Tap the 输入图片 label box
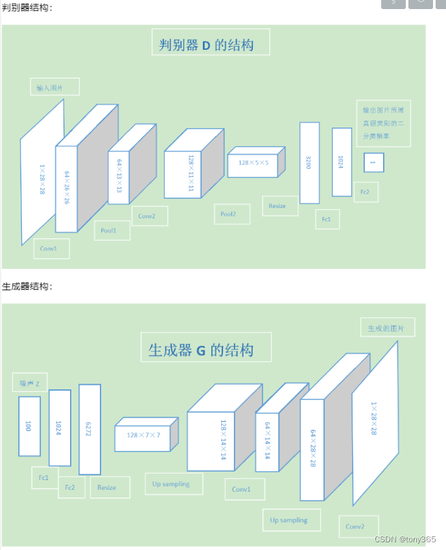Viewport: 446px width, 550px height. [x=55, y=87]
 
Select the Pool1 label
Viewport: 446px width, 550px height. [x=112, y=231]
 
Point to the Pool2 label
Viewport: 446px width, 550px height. [x=231, y=214]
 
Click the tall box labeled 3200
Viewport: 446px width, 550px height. [x=309, y=163]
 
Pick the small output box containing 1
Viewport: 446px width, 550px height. [x=373, y=162]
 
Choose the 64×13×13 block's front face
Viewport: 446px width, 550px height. [x=119, y=176]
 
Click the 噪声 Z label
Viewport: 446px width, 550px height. [x=30, y=383]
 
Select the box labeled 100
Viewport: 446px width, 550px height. [x=29, y=426]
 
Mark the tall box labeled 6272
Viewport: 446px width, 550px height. [x=89, y=429]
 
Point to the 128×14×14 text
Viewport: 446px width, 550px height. [x=222, y=440]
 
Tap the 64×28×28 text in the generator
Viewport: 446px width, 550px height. [x=312, y=449]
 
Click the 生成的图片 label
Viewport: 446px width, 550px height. [x=387, y=328]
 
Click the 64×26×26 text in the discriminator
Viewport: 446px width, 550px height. [x=66, y=188]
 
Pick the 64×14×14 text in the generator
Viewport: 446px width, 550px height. [x=266, y=438]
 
